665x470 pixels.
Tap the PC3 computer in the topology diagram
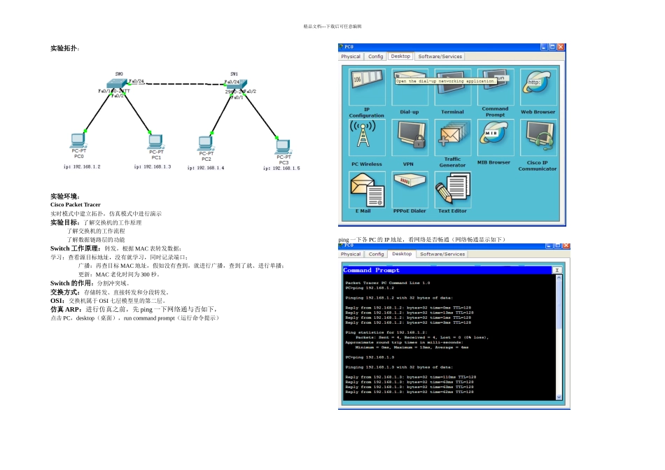tap(283, 145)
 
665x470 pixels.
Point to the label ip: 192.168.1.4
tap(206, 168)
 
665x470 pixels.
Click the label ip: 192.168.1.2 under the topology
tap(82, 166)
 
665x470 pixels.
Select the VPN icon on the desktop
tap(409, 138)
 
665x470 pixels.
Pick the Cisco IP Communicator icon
tap(538, 138)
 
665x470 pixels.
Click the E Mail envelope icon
tap(365, 190)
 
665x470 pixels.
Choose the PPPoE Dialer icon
tap(409, 187)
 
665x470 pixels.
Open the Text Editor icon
tap(452, 190)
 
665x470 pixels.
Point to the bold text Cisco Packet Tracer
tap(75, 205)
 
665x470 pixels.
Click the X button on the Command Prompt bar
tap(557, 270)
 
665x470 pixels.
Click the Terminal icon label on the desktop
tap(452, 112)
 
